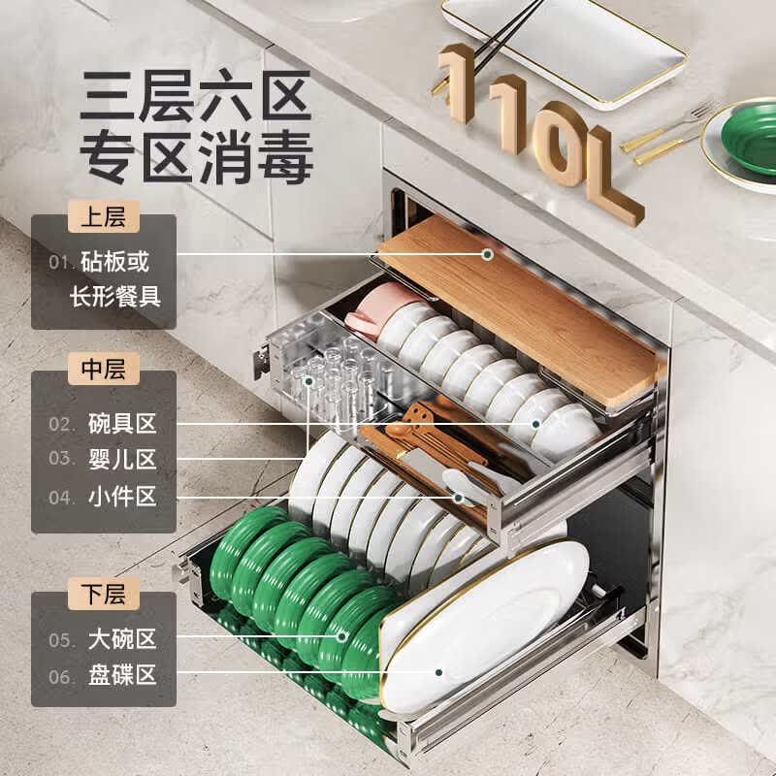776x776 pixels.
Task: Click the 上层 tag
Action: coord(104,216)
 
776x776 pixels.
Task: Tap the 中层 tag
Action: coord(104,369)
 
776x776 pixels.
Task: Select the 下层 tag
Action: coord(104,594)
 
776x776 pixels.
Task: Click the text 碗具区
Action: coord(122,424)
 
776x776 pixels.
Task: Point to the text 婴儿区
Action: coord(122,459)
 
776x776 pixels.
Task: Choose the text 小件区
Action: coord(122,497)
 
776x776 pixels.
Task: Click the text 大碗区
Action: coord(122,639)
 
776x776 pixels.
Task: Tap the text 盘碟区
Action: coord(122,675)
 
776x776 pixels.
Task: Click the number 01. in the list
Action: coord(59,262)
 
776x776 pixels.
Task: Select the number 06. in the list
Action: coord(61,676)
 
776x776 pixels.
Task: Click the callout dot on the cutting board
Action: coord(488,254)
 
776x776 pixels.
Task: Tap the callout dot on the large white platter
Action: coord(438,672)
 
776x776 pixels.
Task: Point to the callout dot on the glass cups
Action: coord(308,381)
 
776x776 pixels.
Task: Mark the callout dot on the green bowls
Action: coord(342,636)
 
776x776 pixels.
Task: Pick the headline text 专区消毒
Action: coord(197,157)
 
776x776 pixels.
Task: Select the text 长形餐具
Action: coord(115,297)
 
